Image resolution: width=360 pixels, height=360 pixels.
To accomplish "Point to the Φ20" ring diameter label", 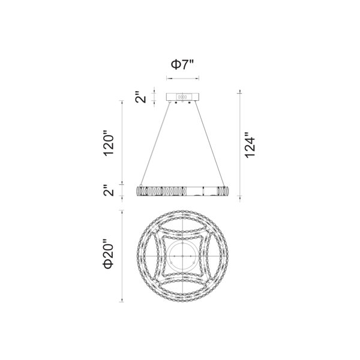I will click(108, 256).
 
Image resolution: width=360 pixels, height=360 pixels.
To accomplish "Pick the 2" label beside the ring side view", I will click(109, 191).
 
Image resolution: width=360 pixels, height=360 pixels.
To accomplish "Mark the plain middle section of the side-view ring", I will click(193, 191).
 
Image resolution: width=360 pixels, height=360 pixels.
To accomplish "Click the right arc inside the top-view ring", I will click(207, 256).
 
